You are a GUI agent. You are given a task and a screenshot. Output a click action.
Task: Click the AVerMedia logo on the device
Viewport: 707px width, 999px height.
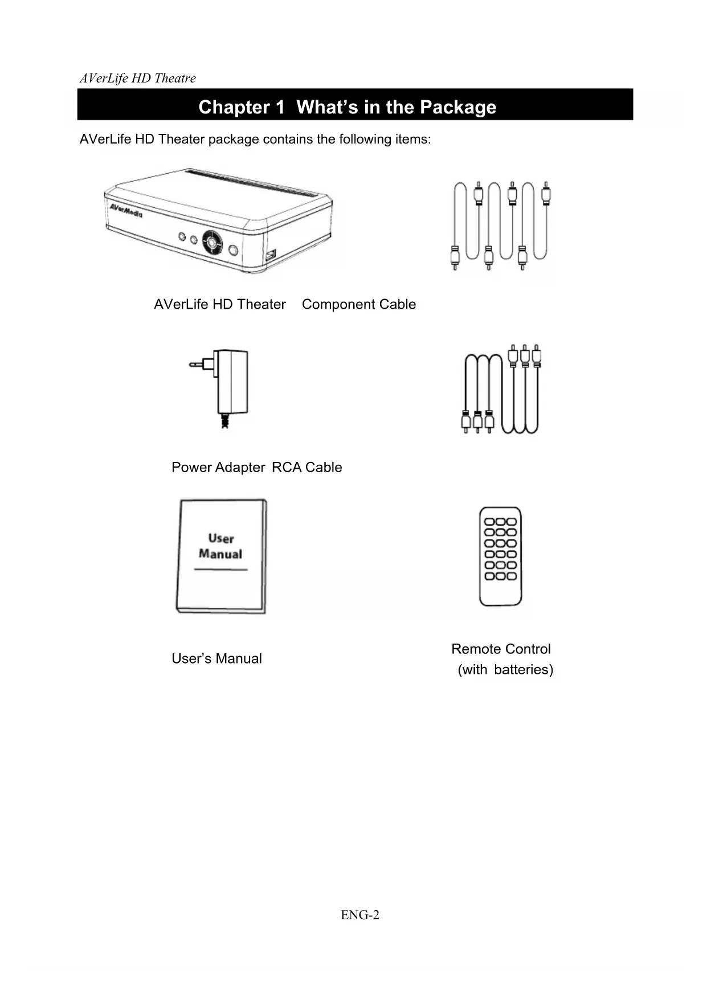pyautogui.click(x=126, y=210)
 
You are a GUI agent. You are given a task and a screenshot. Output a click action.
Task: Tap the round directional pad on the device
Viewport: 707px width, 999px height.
pyautogui.click(x=212, y=243)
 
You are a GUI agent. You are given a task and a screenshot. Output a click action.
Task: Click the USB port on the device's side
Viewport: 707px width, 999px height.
pyautogui.click(x=271, y=255)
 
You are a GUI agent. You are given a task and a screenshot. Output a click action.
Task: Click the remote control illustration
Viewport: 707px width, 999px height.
pyautogui.click(x=500, y=556)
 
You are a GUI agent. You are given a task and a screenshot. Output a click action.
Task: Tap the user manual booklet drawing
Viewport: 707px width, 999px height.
pyautogui.click(x=222, y=556)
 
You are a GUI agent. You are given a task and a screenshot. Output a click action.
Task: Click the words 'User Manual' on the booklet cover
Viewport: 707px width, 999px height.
pyautogui.click(x=220, y=546)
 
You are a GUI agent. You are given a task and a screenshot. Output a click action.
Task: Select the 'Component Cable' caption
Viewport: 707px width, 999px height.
pyautogui.click(x=359, y=305)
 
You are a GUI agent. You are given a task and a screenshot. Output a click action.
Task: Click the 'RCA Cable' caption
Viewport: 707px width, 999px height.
pyautogui.click(x=307, y=468)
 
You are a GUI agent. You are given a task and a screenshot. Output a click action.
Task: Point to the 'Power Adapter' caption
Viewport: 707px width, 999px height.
pyautogui.click(x=218, y=468)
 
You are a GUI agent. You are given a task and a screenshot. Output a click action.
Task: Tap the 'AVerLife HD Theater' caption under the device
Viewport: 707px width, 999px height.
pyautogui.click(x=219, y=305)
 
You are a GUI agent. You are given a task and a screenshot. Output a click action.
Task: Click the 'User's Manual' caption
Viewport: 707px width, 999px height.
pyautogui.click(x=216, y=659)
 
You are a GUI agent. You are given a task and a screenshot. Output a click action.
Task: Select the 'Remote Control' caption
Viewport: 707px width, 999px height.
pyautogui.click(x=501, y=649)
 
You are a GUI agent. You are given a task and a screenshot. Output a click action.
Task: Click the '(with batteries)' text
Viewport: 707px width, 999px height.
pyautogui.click(x=505, y=670)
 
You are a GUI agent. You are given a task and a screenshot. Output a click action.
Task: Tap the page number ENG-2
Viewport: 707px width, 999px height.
pyautogui.click(x=359, y=915)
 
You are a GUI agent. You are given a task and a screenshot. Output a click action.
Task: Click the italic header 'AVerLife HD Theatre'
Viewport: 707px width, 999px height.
pyautogui.click(x=138, y=79)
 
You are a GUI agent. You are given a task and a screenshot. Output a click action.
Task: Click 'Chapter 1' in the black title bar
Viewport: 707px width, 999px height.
pyautogui.click(x=241, y=107)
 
